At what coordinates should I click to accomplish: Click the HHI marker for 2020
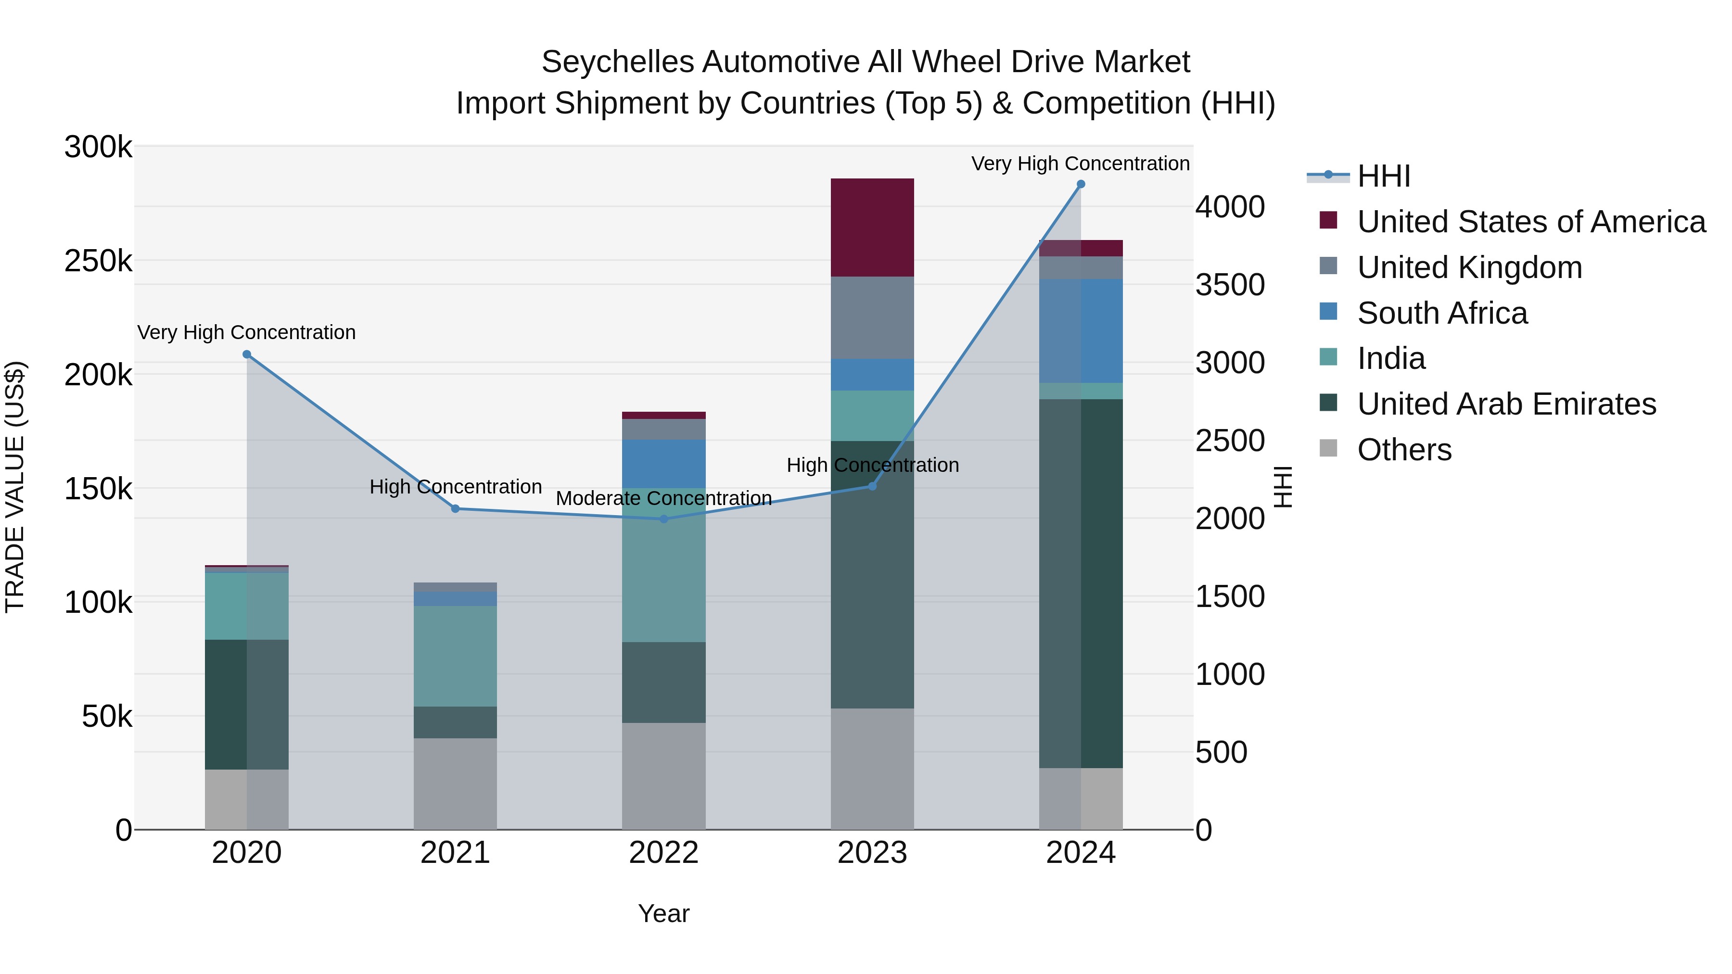(247, 354)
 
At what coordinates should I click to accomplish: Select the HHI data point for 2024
(1081, 184)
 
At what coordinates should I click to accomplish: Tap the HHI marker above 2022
(663, 519)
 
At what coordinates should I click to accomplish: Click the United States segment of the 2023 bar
(872, 227)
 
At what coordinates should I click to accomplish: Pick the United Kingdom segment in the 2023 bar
(872, 317)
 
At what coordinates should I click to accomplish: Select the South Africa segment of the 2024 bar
(1081, 331)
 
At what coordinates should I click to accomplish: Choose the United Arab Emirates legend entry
(1506, 404)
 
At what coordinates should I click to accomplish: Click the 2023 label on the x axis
(872, 853)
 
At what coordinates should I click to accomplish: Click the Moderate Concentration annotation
(663, 498)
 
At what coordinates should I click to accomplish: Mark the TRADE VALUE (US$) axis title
(15, 487)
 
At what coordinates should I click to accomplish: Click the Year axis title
(663, 913)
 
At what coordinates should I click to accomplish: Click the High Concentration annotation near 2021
(455, 487)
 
